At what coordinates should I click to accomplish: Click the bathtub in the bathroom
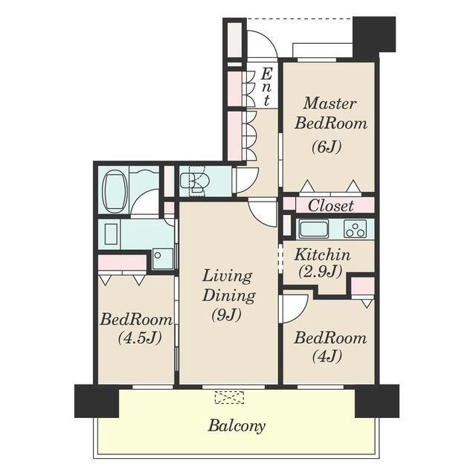tap(115, 191)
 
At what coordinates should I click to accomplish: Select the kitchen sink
tap(314, 228)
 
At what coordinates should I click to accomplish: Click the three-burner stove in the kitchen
tap(356, 228)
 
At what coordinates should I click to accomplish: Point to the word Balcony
tap(237, 426)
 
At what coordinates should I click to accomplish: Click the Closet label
tap(330, 205)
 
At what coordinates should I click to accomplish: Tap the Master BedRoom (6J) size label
tap(327, 147)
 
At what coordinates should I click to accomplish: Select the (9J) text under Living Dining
tap(226, 315)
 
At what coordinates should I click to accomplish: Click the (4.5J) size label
tap(139, 337)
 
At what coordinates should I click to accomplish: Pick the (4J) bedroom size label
tap(327, 356)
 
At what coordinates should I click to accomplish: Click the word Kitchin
tap(322, 254)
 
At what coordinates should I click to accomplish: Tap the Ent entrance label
tap(266, 87)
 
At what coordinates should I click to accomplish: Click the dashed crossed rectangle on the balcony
tap(230, 397)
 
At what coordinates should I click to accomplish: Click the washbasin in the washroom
tap(111, 234)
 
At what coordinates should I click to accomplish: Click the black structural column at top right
tap(374, 34)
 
